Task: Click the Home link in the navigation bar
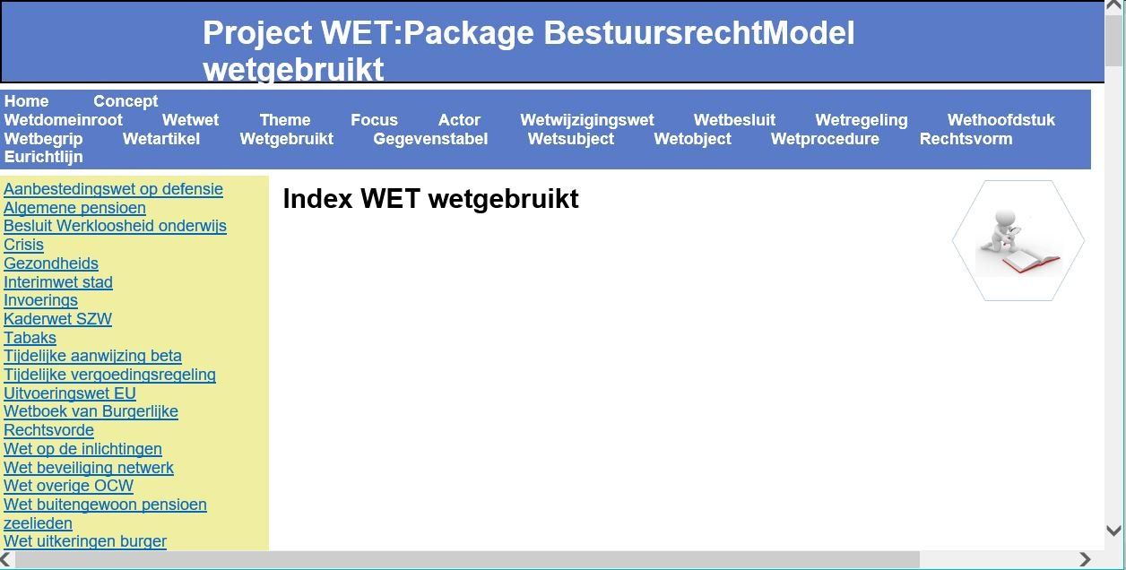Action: (26, 101)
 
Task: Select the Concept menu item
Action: (126, 101)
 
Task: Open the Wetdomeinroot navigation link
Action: (64, 119)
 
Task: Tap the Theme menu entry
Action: (285, 119)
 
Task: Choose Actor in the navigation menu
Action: (459, 119)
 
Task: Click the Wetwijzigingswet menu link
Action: (587, 119)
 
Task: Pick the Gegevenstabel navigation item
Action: (430, 139)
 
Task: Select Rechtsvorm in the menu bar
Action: (966, 139)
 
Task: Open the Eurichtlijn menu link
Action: (44, 157)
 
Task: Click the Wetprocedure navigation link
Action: (825, 139)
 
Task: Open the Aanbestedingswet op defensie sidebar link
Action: (113, 189)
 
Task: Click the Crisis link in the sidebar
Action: (23, 245)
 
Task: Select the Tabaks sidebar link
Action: (30, 337)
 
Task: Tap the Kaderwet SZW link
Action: (57, 319)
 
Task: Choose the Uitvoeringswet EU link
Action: (70, 393)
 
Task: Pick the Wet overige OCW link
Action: (68, 486)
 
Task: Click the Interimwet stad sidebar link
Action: (57, 282)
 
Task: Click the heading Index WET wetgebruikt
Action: (431, 199)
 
